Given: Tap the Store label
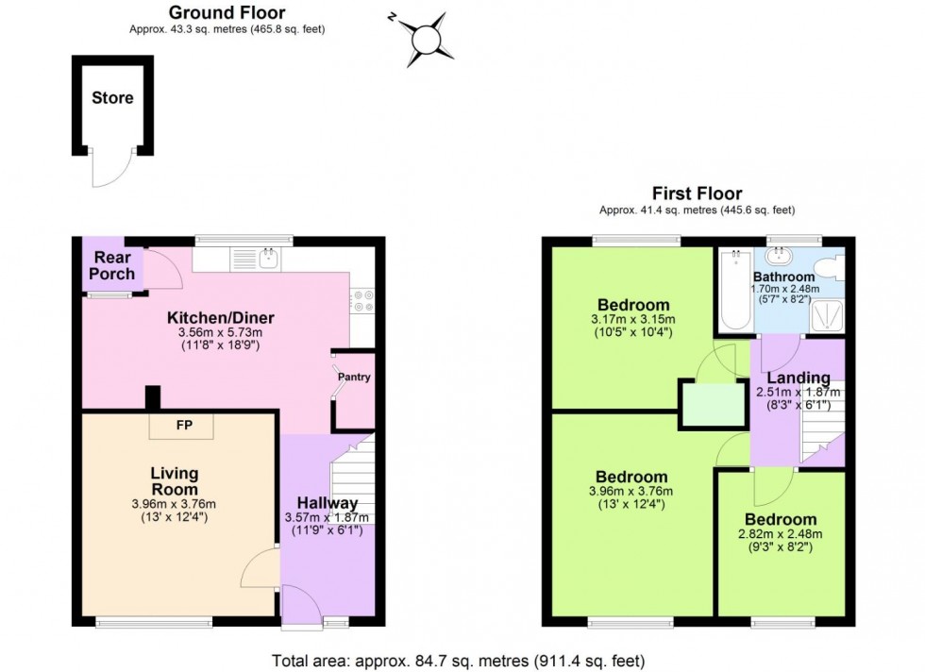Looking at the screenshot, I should tap(112, 97).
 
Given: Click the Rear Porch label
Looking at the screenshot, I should tap(112, 265).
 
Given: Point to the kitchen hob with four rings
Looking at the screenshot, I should tap(362, 299).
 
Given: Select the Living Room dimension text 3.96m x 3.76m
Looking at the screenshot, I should tap(174, 503).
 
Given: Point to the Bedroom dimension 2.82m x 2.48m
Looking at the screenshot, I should tap(780, 534).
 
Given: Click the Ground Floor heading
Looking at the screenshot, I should tap(227, 13).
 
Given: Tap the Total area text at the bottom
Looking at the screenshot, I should tap(459, 661).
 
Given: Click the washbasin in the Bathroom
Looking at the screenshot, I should tap(780, 256).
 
